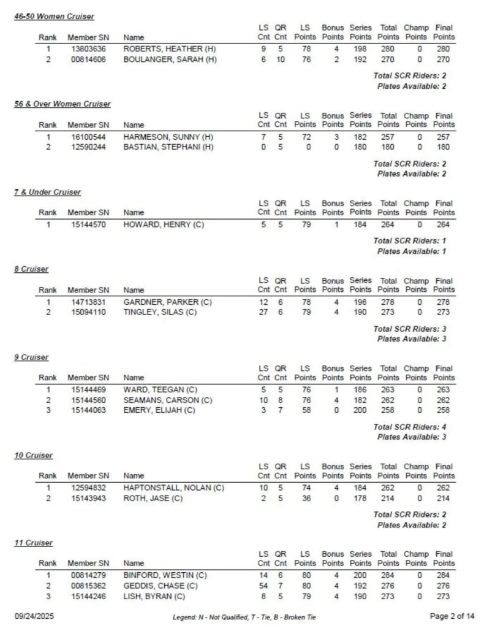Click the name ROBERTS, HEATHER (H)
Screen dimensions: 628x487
170,48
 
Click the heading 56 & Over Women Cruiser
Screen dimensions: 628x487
62,104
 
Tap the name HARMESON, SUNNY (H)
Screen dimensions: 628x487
168,137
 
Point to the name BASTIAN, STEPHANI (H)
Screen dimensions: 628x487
168,147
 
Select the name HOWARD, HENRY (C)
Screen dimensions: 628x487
164,224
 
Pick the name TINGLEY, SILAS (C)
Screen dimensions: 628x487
164,312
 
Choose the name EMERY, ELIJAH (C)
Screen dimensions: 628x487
159,410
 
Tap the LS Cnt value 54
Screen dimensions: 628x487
263,586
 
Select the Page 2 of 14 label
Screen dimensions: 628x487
452,615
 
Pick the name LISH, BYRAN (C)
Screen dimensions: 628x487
154,596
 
